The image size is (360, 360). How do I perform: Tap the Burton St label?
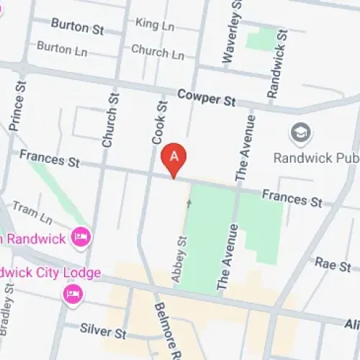pyautogui.click(x=78, y=27)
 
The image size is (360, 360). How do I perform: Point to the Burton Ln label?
pyautogui.click(x=63, y=48)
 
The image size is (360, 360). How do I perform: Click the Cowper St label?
pyautogui.click(x=207, y=98)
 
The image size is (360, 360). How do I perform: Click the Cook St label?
pyautogui.click(x=161, y=124)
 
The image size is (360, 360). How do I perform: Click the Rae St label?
pyautogui.click(x=332, y=266)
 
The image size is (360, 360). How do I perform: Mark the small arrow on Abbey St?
pyautogui.click(x=190, y=204)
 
